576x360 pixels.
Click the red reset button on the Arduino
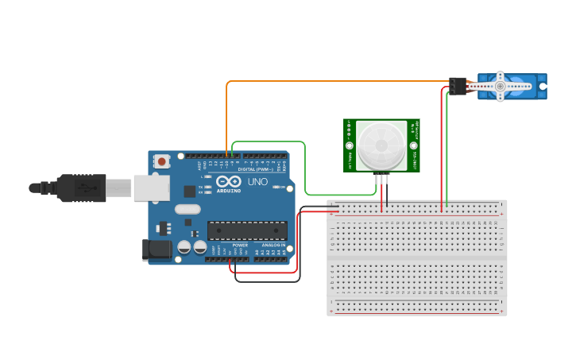point(162,161)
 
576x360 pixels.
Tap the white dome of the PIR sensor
point(381,146)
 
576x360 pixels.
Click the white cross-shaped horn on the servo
point(500,86)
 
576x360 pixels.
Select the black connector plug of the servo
point(457,86)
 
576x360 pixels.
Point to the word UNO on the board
point(257,182)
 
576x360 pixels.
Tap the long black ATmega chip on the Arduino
point(247,230)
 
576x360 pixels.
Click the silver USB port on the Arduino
point(151,188)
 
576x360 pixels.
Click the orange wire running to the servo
point(334,81)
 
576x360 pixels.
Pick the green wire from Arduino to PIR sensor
point(305,171)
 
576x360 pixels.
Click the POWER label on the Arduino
point(240,246)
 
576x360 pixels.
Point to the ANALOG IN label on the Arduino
point(274,246)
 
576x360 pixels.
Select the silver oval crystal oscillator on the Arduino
point(187,210)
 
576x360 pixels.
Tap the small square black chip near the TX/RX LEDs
point(190,191)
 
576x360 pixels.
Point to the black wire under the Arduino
point(267,281)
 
